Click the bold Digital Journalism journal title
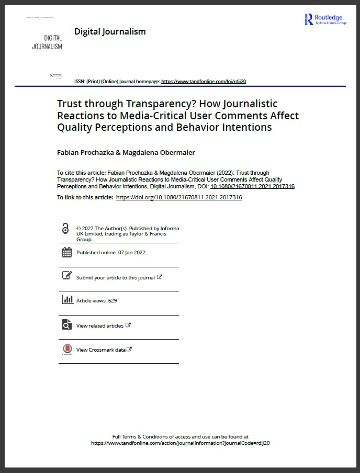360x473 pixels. pos(110,31)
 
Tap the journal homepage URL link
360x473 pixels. pos(204,82)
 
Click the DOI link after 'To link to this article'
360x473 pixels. pos(178,197)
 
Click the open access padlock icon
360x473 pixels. pos(65,229)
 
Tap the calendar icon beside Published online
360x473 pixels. pos(67,252)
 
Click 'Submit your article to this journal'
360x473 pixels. pos(116,277)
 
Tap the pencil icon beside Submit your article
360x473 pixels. pos(67,276)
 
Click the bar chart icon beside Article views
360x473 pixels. pos(67,300)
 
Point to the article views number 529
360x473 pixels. pos(112,301)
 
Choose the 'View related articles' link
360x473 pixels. pos(100,325)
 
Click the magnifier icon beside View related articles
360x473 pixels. pos(67,325)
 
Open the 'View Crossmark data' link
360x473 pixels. pos(101,350)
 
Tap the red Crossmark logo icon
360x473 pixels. pos(67,349)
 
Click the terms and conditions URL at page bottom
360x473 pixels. pos(180,443)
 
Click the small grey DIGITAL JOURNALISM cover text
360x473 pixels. pos(47,42)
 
